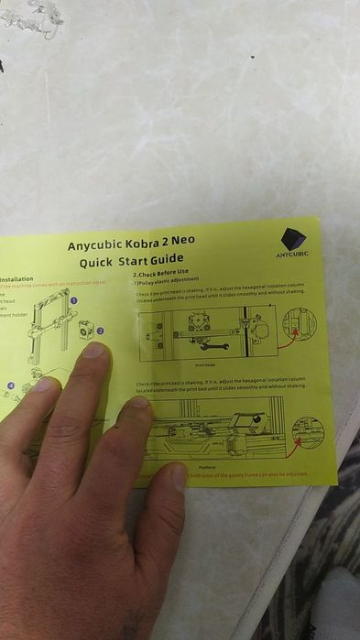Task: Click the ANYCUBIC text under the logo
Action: tap(294, 254)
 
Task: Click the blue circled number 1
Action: tap(73, 299)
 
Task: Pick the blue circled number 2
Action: tap(101, 331)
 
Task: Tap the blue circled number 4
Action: tap(11, 386)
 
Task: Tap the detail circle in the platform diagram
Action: tap(308, 431)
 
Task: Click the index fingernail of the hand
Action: tap(94, 352)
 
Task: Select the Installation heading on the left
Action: tap(16, 279)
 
